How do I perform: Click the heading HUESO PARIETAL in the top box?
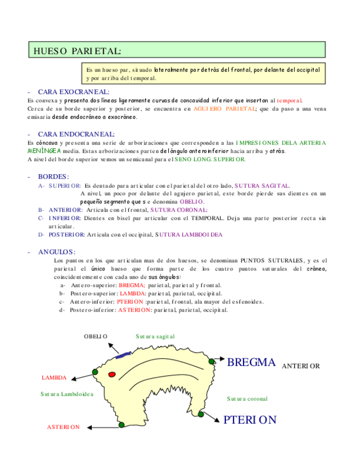click(x=76, y=51)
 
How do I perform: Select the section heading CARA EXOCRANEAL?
click(x=73, y=92)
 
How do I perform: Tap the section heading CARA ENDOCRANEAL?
click(x=76, y=134)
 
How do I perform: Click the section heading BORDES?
click(x=53, y=176)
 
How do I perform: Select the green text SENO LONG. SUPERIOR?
click(x=210, y=159)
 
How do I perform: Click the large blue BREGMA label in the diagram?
click(x=251, y=362)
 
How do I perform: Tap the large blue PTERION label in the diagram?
click(x=250, y=420)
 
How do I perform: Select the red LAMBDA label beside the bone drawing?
click(x=54, y=378)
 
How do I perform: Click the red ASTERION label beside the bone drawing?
click(x=63, y=427)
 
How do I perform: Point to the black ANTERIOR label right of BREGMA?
click(x=300, y=366)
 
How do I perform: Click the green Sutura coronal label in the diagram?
click(x=247, y=398)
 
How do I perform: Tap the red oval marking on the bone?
click(x=112, y=374)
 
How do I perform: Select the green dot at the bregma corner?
click(x=212, y=361)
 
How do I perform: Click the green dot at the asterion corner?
click(x=121, y=424)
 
